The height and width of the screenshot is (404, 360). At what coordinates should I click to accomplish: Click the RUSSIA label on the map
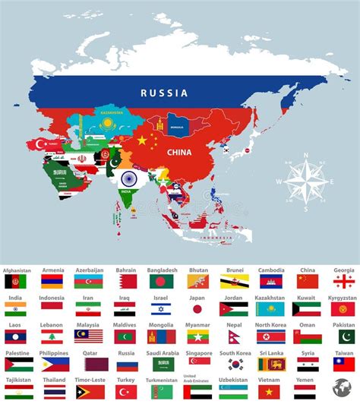163,93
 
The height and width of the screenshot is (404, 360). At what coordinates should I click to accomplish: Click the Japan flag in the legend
197,309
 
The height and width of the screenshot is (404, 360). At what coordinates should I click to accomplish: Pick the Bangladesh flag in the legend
161,281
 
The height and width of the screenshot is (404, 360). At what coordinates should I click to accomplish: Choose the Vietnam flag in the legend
270,391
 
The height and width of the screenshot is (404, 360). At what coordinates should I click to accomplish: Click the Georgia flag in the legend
343,281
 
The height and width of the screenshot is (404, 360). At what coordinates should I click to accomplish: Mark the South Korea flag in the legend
234,364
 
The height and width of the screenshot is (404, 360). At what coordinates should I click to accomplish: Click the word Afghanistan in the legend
17,270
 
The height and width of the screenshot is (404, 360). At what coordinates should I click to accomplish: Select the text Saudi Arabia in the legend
162,352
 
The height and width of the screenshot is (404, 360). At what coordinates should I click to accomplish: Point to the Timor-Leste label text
89,380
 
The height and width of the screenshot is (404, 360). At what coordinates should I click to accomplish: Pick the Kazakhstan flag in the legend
270,309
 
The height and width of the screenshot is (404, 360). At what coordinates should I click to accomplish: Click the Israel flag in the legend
161,309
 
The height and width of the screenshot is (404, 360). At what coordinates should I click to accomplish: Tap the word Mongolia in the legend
161,325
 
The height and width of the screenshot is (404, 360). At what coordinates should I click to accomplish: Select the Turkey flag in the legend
126,391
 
